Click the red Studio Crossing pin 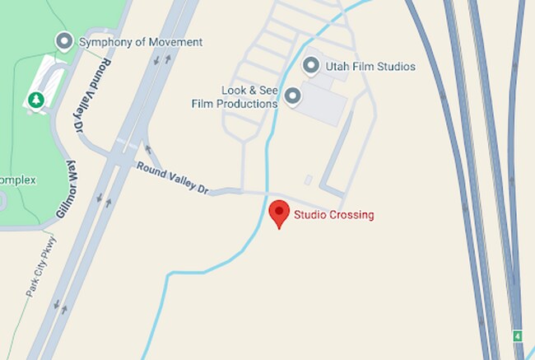pos(279,213)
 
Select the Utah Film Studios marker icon pos(311,65)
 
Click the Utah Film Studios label pos(370,66)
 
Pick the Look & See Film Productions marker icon pos(292,97)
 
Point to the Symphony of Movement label pos(140,41)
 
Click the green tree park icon pos(35,99)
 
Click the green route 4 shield pos(518,335)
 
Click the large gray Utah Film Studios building pos(322,102)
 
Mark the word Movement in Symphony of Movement pos(177,41)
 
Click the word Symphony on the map pos(104,41)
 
